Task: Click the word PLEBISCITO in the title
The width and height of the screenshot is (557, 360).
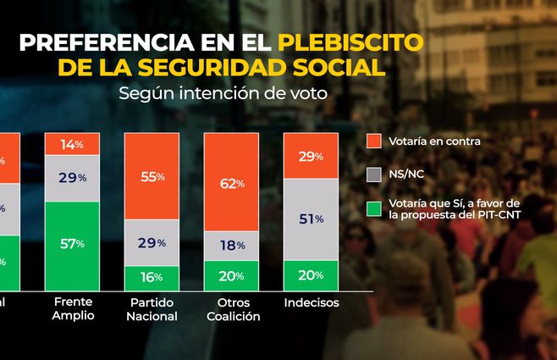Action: pos(353,42)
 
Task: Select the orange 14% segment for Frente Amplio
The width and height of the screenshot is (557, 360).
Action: pos(72,145)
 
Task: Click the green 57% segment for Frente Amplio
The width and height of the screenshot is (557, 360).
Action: pos(72,244)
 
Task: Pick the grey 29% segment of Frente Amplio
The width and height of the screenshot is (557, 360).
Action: pos(72,178)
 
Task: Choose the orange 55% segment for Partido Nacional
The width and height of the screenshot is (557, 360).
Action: pos(151,176)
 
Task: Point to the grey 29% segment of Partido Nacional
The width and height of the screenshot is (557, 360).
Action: pos(151,243)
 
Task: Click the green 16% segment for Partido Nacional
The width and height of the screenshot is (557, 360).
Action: pos(151,277)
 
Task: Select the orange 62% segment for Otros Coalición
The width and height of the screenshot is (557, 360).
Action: pos(230,183)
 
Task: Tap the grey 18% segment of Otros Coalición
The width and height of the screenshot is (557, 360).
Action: pos(230,246)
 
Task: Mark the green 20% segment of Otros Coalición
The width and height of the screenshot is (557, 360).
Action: pos(230,275)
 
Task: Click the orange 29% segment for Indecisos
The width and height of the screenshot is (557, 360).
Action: pos(310,157)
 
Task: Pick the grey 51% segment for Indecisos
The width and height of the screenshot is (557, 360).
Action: pos(310,219)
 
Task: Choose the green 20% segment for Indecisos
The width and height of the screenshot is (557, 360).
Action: pos(310,275)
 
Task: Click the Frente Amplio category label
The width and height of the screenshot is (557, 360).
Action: pos(72,308)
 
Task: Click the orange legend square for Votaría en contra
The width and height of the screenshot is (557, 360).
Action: pos(373,141)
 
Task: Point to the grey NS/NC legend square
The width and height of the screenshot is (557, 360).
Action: pos(373,174)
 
